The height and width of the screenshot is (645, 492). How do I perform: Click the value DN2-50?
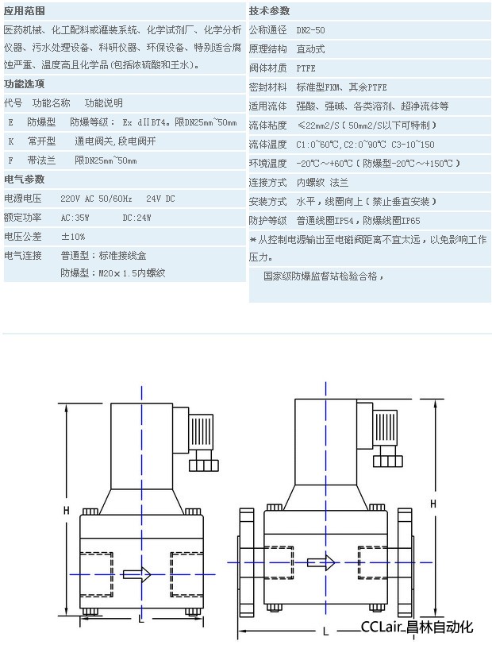click(311, 29)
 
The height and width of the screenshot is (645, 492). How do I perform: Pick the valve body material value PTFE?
click(306, 68)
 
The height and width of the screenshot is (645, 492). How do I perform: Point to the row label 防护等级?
click(267, 220)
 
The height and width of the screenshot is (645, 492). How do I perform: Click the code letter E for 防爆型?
click(11, 122)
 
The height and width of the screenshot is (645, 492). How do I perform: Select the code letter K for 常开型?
click(11, 141)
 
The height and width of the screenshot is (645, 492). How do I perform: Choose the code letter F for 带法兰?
click(11, 160)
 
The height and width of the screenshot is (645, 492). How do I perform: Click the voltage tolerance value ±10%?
click(74, 236)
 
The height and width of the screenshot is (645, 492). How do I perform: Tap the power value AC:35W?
click(75, 217)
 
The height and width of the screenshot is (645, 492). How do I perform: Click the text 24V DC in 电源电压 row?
click(161, 198)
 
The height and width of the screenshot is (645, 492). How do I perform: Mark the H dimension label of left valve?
click(67, 510)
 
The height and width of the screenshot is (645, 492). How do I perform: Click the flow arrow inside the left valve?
click(136, 574)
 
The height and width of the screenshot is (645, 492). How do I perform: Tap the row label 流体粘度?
click(267, 125)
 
